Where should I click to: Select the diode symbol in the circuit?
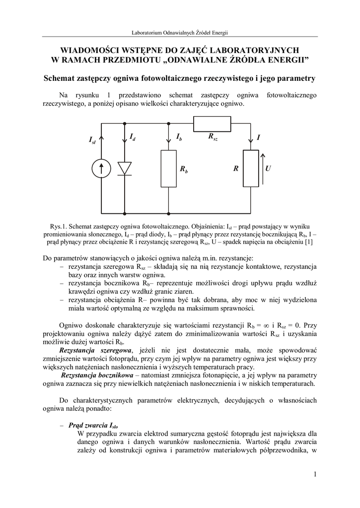(x=125, y=168)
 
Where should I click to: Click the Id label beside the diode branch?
(x=133, y=136)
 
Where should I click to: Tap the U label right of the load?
(x=268, y=169)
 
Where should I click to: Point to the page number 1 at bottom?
(x=315, y=475)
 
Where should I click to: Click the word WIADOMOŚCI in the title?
(x=87, y=50)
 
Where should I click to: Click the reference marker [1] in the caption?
(x=308, y=242)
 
